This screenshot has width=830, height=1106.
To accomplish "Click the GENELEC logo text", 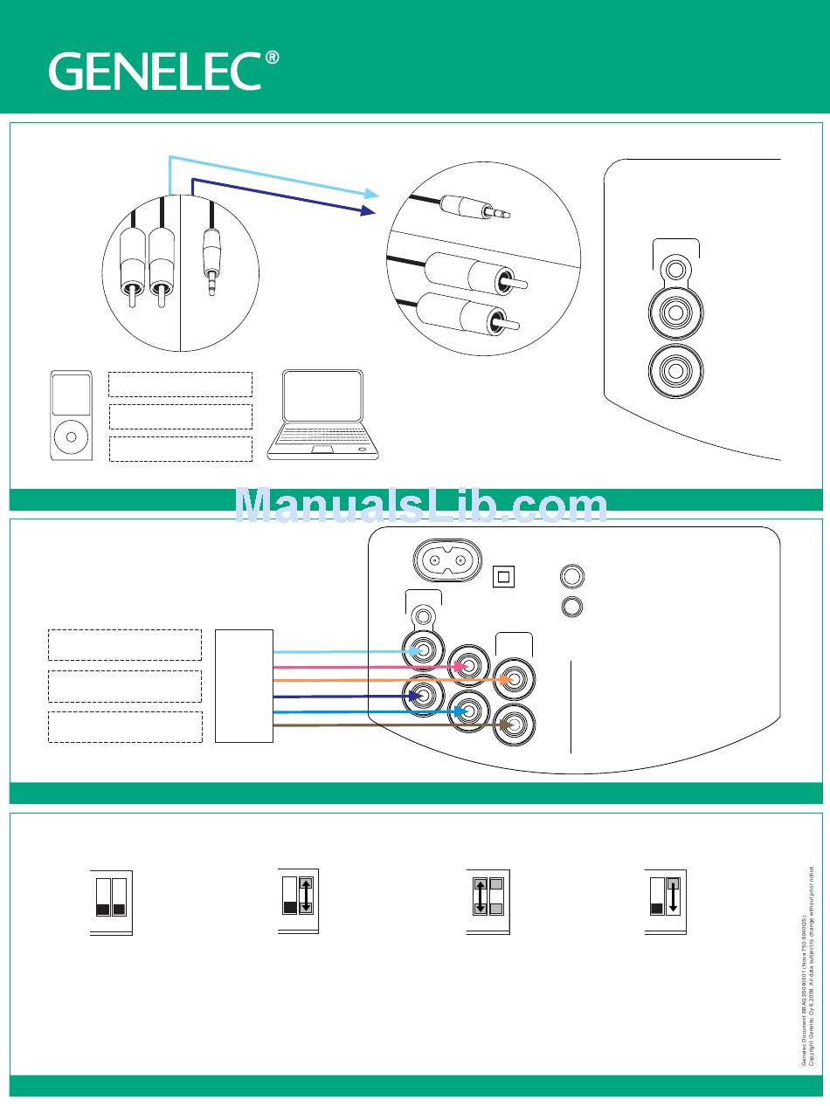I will tap(155, 71).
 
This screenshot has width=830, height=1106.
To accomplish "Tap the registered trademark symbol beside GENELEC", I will tap(273, 58).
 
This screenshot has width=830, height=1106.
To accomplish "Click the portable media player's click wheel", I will tap(71, 434).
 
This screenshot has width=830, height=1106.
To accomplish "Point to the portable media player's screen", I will tap(71, 395).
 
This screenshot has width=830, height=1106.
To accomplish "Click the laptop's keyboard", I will tap(322, 436).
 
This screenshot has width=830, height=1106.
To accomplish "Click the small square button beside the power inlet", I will tap(505, 576).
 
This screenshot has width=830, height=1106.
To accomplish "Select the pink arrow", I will tap(367, 666).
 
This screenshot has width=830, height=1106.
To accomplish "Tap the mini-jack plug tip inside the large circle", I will tap(502, 212).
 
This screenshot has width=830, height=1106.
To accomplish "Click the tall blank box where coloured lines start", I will tap(244, 686).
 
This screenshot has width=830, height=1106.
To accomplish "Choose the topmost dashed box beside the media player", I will tap(180, 385).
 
